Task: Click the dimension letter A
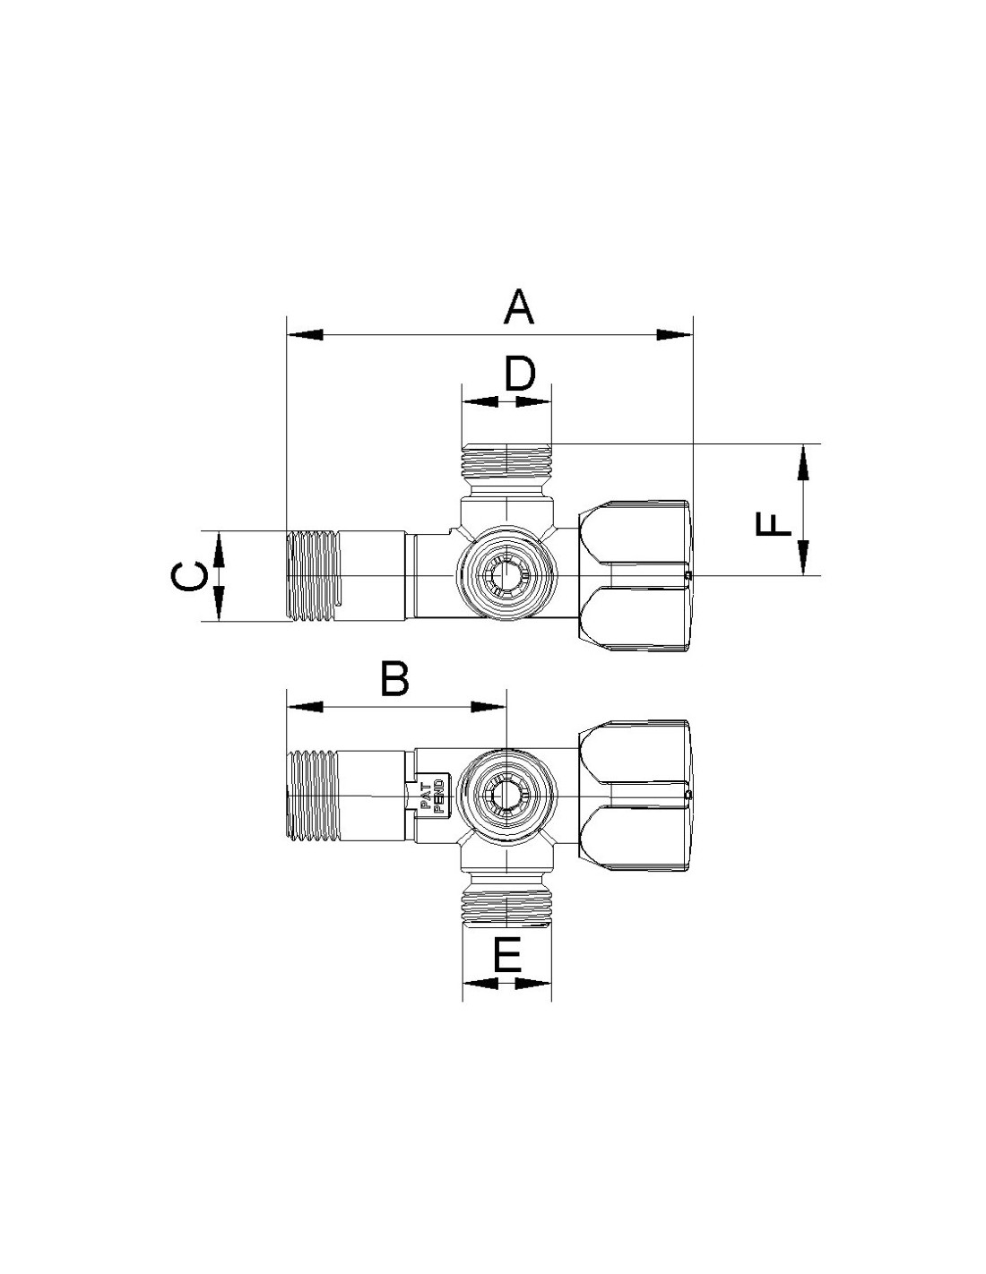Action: coord(519,307)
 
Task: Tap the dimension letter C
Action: coord(189,576)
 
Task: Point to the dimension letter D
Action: coord(520,374)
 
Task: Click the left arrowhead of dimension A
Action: coord(304,335)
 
